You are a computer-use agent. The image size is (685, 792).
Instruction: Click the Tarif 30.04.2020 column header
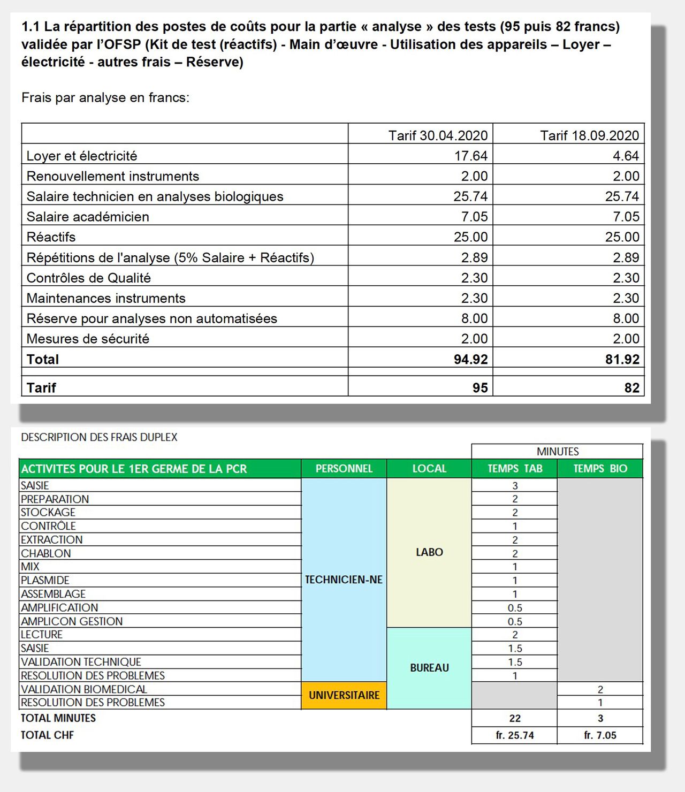438,135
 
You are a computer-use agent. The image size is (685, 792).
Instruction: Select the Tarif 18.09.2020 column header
589,135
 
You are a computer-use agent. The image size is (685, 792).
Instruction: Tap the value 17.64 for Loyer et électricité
471,156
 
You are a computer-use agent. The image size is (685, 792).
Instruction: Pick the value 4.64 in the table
626,156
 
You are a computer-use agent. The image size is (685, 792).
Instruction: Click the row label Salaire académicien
88,217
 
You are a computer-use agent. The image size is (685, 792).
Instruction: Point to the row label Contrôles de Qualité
89,278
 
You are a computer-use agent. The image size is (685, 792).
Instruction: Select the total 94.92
470,359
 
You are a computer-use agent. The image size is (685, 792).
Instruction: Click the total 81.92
622,359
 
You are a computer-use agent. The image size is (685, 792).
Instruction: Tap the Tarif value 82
631,387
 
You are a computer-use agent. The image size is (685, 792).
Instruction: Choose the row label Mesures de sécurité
88,339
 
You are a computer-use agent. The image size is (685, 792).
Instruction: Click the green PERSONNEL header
344,469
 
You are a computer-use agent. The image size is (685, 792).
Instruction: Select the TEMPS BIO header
600,469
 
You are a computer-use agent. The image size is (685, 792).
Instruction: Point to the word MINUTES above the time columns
558,451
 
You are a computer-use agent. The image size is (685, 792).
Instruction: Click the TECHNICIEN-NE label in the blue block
344,580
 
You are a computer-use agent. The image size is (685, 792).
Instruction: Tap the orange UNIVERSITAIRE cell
344,695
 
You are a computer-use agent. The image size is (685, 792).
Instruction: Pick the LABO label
429,552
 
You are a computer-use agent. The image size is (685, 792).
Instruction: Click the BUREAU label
429,668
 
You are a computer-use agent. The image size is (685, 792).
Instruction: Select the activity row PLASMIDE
45,580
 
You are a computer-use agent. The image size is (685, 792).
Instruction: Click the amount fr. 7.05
600,735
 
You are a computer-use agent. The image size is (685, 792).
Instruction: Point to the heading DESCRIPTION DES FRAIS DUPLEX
99,437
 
